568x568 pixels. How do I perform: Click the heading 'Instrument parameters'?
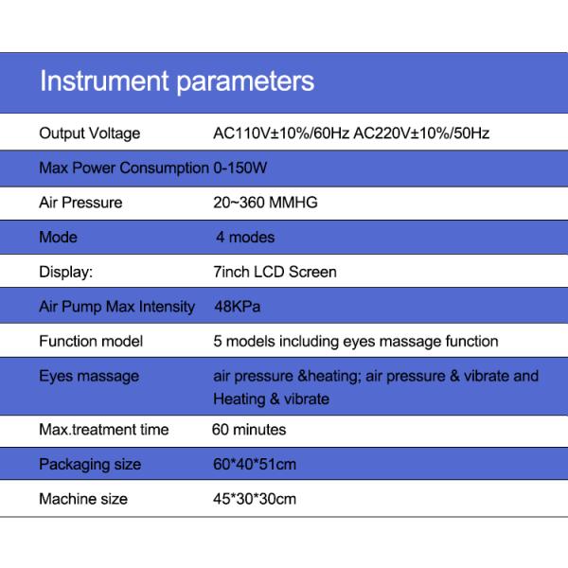[x=176, y=80]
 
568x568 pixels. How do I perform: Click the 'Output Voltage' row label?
[x=89, y=133]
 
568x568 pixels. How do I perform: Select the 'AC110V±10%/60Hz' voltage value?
[x=281, y=133]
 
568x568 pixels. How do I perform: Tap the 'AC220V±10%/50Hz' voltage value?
[x=421, y=133]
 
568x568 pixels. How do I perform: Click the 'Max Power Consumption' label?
[x=123, y=169]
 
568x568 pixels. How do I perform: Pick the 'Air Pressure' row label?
[x=80, y=203]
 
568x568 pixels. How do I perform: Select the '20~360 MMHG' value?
[x=265, y=203]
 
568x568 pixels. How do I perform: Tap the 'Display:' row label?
[x=65, y=272]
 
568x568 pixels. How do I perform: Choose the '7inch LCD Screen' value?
[x=275, y=272]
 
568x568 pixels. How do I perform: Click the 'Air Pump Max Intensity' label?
[x=116, y=307]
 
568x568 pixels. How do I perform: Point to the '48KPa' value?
[x=237, y=307]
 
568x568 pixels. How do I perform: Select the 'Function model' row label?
[x=91, y=341]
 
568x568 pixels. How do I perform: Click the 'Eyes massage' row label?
[x=89, y=376]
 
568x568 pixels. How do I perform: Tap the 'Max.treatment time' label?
[x=103, y=430]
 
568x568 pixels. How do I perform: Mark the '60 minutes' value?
[x=249, y=430]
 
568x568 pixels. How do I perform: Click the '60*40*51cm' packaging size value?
[x=255, y=464]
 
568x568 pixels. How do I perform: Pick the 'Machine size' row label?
[x=83, y=499]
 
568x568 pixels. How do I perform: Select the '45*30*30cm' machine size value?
[x=255, y=499]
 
